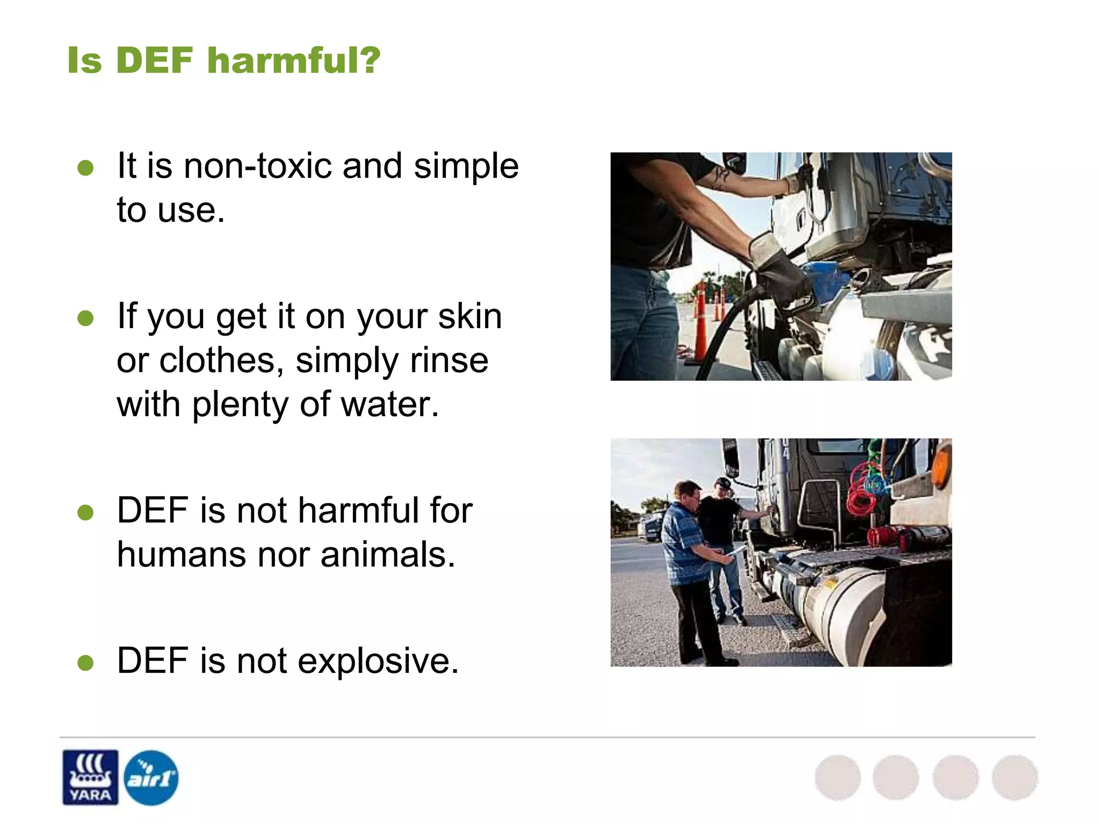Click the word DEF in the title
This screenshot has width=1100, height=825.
pos(154,60)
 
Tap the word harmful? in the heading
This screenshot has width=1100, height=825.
pos(294,60)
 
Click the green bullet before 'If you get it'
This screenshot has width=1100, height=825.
pos(85,318)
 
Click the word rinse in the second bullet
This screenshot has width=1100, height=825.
pos(449,360)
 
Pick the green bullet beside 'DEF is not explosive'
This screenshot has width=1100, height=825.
pos(85,663)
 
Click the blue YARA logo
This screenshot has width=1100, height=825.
pos(90,777)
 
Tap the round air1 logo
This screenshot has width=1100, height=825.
pos(151,777)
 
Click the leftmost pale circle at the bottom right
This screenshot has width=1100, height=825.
pos(837,777)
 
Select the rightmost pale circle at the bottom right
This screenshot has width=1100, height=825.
pos(1014,777)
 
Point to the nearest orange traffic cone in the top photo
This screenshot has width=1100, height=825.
pos(700,328)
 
